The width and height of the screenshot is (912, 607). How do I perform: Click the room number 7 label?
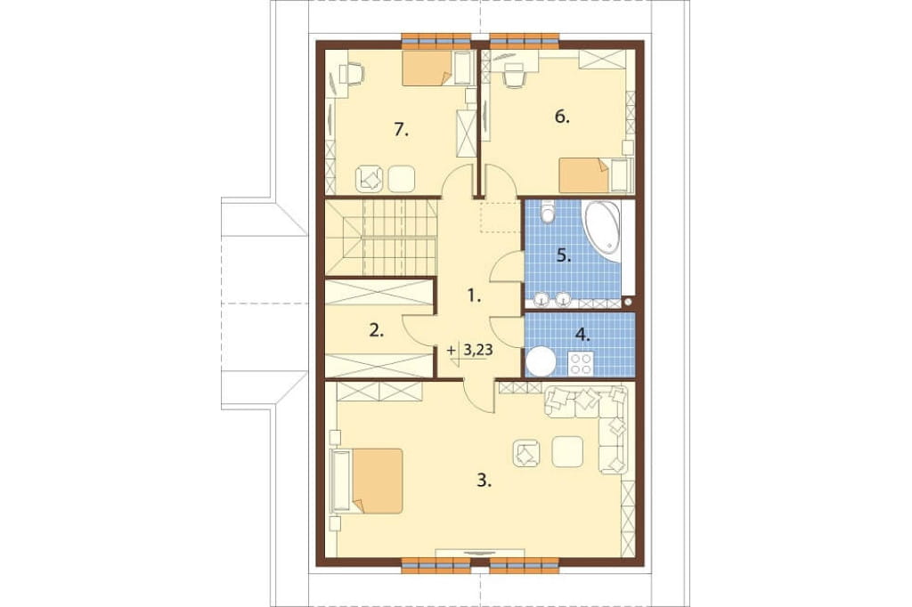click(x=402, y=130)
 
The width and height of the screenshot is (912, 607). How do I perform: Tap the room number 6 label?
click(x=562, y=117)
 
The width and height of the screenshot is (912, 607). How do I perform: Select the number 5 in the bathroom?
click(x=564, y=255)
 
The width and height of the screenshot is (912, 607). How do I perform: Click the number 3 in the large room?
click(x=484, y=481)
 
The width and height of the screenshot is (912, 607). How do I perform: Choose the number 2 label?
click(x=377, y=331)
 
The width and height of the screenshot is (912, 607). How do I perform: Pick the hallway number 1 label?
click(x=474, y=296)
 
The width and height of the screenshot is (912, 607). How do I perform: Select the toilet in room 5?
click(x=548, y=212)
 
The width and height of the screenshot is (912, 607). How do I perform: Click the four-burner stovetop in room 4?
click(x=580, y=364)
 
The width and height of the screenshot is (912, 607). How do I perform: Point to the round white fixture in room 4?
click(x=541, y=361)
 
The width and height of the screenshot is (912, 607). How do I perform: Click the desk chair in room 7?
click(x=351, y=74)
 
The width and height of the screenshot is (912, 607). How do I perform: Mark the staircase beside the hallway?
click(x=381, y=238)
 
